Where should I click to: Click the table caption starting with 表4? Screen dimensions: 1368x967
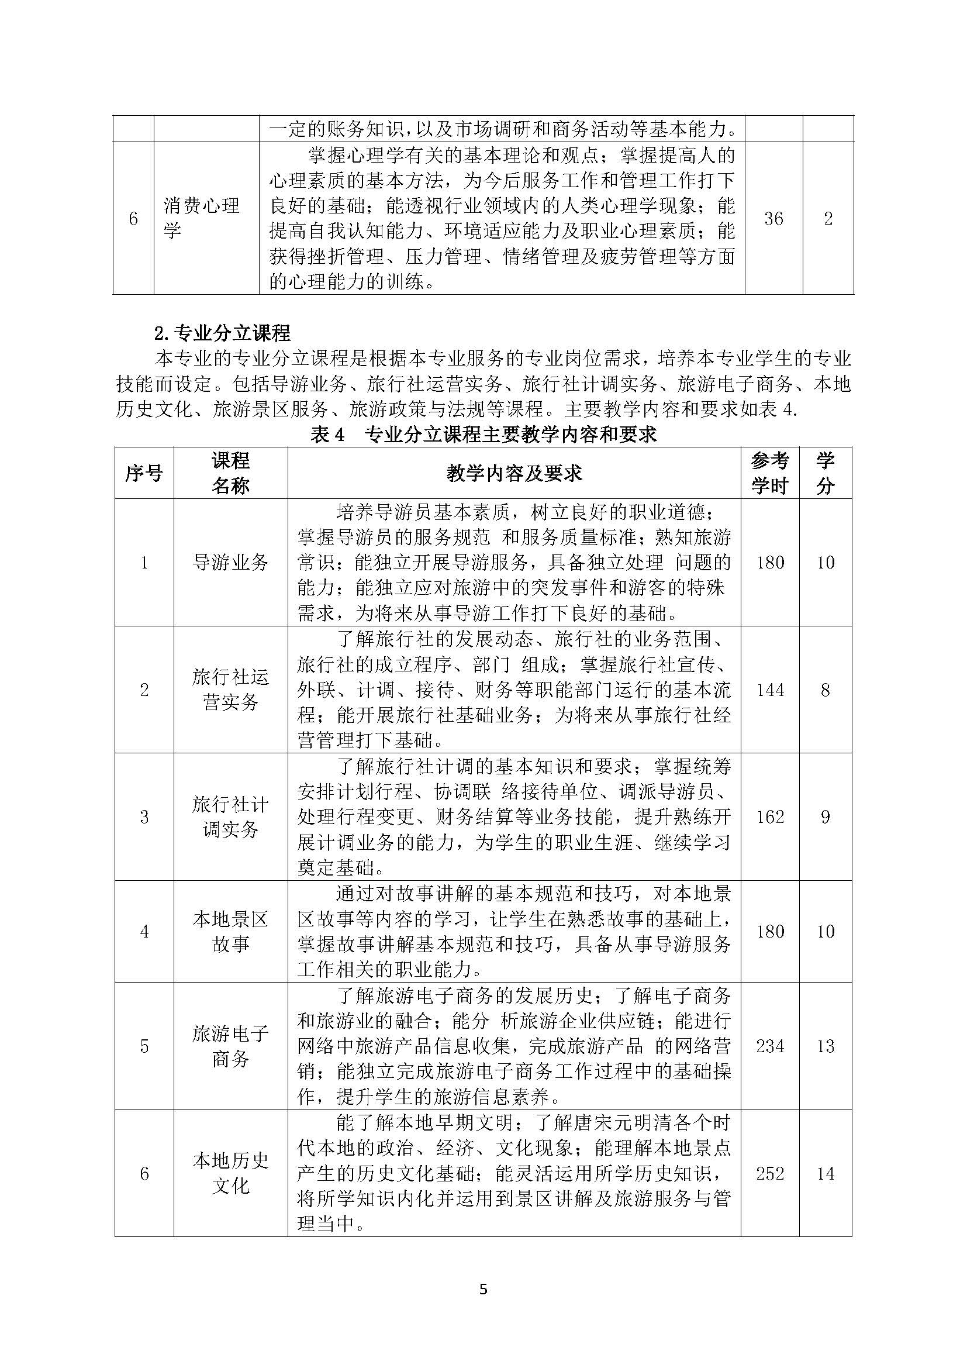(x=483, y=434)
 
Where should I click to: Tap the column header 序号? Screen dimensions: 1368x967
(x=143, y=473)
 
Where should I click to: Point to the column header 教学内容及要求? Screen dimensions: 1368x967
(x=514, y=473)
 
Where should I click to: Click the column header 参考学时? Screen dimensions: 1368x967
(x=770, y=473)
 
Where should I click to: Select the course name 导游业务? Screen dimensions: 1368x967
(x=230, y=562)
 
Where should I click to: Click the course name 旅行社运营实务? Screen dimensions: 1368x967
(x=230, y=690)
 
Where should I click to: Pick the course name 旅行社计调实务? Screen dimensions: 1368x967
(x=230, y=816)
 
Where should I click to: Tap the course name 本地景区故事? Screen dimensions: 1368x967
(x=230, y=931)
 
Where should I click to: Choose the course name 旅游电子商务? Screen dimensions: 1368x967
(x=230, y=1046)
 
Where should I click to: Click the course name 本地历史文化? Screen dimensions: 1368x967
(x=230, y=1173)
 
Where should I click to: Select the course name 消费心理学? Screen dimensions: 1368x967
(x=201, y=218)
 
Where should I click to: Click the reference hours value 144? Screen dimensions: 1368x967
(x=770, y=690)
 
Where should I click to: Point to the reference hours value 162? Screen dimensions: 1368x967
(x=770, y=817)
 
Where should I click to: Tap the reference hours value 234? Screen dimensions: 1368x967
(x=770, y=1046)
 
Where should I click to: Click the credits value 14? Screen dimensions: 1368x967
(x=826, y=1174)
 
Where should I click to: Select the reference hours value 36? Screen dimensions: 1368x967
(x=773, y=219)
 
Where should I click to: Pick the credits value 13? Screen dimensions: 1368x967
(x=826, y=1046)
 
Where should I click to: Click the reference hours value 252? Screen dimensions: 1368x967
(x=770, y=1174)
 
